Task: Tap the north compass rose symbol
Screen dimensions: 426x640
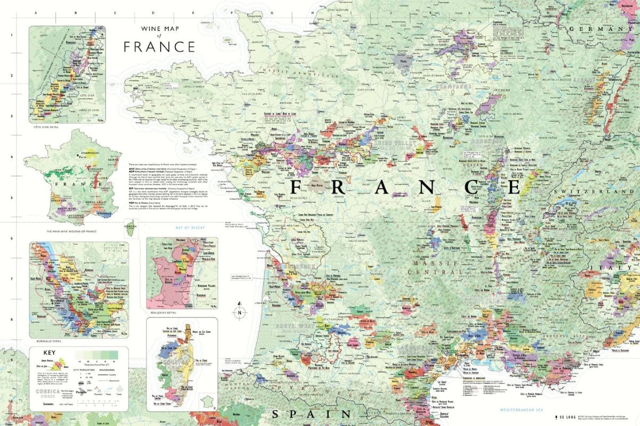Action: (240, 313)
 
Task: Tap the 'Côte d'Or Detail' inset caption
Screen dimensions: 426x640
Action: (45, 127)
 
